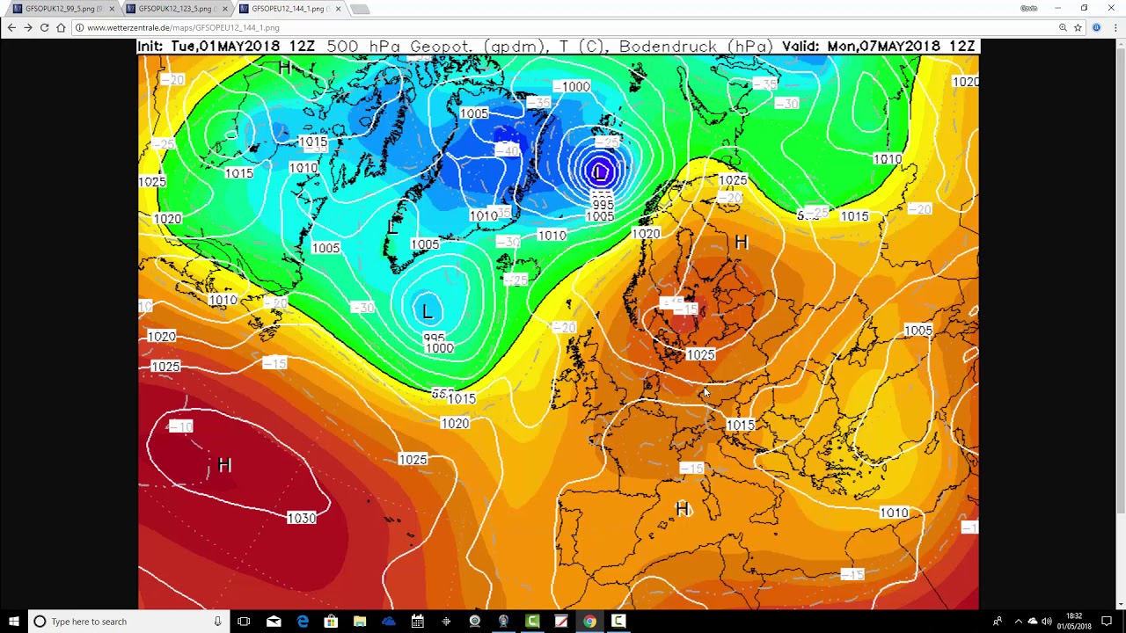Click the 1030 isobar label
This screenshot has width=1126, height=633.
(302, 519)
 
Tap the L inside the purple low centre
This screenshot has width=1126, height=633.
(600, 172)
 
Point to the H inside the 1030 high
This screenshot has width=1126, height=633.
(224, 465)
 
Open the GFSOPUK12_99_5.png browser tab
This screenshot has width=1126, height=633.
(62, 9)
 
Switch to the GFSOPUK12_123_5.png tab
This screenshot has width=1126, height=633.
(174, 9)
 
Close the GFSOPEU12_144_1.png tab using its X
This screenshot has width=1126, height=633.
(338, 9)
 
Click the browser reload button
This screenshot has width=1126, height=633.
(44, 28)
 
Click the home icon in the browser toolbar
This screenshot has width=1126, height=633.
(61, 28)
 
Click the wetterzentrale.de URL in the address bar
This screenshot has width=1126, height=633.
(183, 28)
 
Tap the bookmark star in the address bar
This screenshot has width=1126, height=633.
(1078, 28)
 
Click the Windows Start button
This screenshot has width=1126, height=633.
(13, 622)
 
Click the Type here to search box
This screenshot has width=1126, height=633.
(123, 622)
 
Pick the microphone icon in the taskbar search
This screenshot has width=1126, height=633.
(217, 622)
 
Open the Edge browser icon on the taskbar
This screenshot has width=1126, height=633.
(302, 622)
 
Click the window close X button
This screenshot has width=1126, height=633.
(1111, 8)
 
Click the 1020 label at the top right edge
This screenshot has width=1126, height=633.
(965, 82)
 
